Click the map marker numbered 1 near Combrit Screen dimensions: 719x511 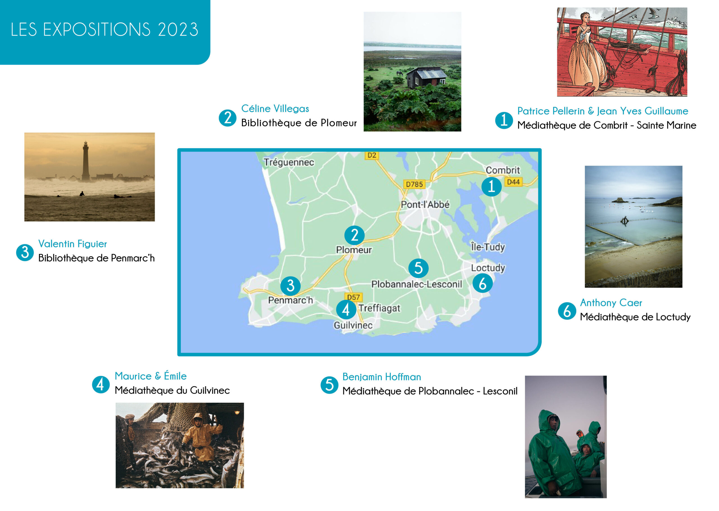click(x=491, y=187)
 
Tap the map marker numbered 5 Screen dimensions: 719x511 click(x=418, y=268)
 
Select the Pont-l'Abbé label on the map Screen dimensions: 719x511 click(x=425, y=205)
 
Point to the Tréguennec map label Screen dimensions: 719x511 click(x=289, y=162)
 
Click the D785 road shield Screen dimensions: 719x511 click(x=414, y=184)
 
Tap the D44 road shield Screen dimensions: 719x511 click(x=513, y=182)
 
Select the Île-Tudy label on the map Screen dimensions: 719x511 click(x=488, y=247)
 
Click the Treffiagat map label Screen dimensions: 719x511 click(x=379, y=308)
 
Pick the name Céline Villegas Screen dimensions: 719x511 click(x=275, y=108)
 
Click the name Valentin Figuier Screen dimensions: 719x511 click(x=73, y=244)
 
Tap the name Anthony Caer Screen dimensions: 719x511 click(x=611, y=303)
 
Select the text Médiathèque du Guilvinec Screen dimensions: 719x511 click(x=172, y=390)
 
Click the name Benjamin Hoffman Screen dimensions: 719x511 click(x=381, y=377)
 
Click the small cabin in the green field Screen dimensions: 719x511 click(x=426, y=77)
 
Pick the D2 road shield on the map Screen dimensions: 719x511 click(x=372, y=155)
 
